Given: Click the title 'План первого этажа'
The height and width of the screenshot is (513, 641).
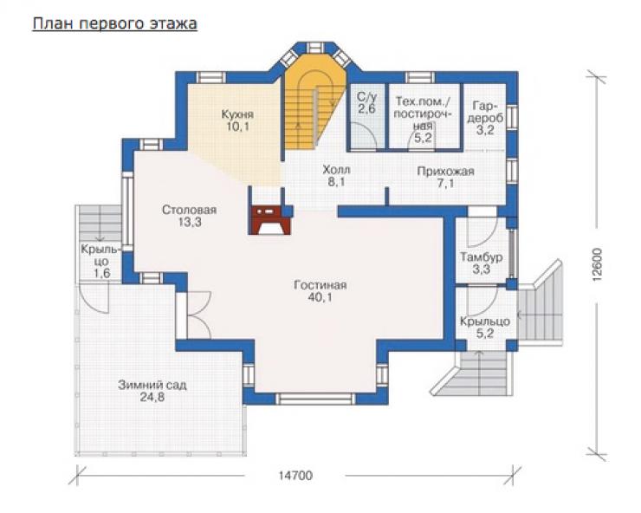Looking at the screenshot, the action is click(x=115, y=23).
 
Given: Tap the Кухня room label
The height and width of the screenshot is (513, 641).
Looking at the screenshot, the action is click(x=237, y=114).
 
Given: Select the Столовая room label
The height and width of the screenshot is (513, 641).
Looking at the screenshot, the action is click(x=190, y=210).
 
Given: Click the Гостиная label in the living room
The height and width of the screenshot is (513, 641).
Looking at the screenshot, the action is click(x=320, y=285).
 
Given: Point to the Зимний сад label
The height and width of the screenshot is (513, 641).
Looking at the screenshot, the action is click(x=152, y=385).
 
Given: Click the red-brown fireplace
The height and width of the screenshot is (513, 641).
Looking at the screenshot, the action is click(x=269, y=220).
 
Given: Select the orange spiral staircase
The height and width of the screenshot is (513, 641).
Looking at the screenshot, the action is click(x=314, y=102).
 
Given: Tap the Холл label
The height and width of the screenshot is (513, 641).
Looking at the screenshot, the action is click(x=336, y=169).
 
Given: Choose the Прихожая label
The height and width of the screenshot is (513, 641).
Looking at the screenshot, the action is click(x=445, y=171).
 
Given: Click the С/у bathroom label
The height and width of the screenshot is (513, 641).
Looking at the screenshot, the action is click(x=366, y=97).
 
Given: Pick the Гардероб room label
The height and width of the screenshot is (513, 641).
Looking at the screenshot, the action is click(x=485, y=112).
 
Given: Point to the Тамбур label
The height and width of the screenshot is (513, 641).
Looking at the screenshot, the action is click(x=481, y=256).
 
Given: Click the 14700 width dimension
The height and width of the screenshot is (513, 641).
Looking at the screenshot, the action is click(x=295, y=476).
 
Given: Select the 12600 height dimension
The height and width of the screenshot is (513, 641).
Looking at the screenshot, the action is click(x=598, y=263).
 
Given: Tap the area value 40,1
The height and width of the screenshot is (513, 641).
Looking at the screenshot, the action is click(x=320, y=297).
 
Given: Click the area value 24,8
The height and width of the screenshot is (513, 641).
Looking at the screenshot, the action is click(x=152, y=397).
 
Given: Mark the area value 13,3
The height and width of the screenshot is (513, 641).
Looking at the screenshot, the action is click(x=190, y=222).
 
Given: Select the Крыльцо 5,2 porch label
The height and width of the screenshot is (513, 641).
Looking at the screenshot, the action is click(x=485, y=328).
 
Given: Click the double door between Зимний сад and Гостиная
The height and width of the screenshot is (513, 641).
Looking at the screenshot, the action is click(x=199, y=315).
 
